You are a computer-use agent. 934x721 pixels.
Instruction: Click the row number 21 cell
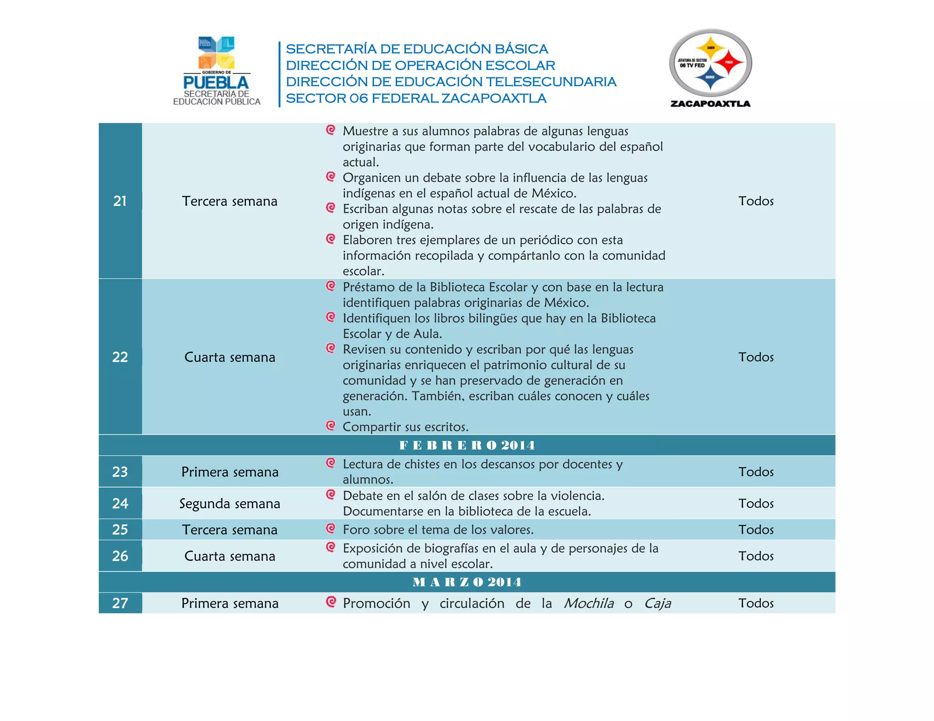120,201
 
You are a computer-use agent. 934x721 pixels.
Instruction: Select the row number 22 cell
120,357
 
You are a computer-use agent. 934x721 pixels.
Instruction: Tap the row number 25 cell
120,530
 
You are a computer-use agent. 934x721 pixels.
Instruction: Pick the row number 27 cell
120,603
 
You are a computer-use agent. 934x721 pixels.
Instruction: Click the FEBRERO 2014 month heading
467,445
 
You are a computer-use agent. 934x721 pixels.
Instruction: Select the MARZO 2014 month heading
467,582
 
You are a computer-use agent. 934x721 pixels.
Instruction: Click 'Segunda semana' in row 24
229,504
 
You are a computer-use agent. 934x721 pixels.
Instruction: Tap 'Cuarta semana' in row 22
229,357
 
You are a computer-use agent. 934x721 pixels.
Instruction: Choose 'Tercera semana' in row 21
229,201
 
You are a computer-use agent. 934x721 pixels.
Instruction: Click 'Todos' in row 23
756,472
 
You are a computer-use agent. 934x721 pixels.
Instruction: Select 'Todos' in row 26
756,556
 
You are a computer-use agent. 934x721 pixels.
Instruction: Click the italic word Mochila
589,603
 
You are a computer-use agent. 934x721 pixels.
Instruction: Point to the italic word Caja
657,603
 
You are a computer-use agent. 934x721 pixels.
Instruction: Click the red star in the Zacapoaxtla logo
728,63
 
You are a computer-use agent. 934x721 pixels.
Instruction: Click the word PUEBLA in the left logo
216,82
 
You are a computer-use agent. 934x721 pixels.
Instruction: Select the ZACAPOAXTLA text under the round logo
710,103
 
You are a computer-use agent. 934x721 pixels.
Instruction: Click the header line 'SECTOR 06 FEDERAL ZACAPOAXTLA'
416,98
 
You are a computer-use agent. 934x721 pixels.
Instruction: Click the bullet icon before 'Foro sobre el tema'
331,528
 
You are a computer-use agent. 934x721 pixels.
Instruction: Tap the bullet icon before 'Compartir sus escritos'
331,426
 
